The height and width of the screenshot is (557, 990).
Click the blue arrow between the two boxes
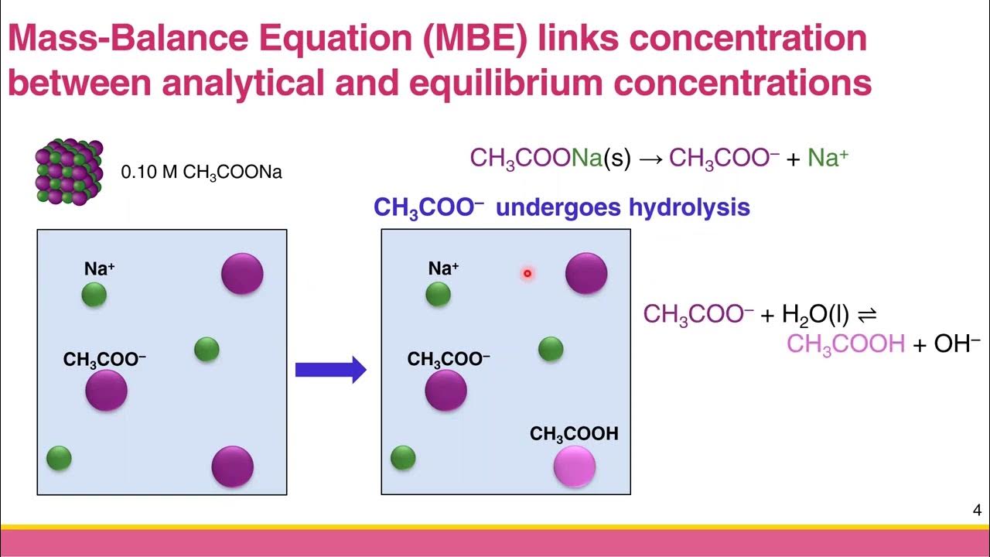(x=330, y=370)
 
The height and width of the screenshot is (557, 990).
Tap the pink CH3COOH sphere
(x=575, y=467)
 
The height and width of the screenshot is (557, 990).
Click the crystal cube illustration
(x=68, y=170)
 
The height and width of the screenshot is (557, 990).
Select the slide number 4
(x=977, y=511)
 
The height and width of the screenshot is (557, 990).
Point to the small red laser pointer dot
(x=527, y=273)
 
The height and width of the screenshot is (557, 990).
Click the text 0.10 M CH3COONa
(x=201, y=173)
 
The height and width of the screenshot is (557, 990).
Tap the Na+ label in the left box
(x=100, y=269)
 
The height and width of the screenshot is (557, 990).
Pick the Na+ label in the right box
(x=444, y=269)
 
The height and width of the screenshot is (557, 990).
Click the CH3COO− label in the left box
(x=104, y=360)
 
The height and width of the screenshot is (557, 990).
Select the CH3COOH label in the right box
(x=574, y=434)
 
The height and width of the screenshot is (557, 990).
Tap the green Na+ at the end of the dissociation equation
(x=828, y=159)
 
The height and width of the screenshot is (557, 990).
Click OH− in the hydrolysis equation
(x=957, y=343)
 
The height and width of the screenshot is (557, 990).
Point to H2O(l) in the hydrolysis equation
(x=815, y=314)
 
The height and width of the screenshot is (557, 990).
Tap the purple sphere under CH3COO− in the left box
(x=106, y=390)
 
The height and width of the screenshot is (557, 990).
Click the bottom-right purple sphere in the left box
(x=233, y=466)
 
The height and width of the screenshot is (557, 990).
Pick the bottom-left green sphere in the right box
(x=403, y=457)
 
